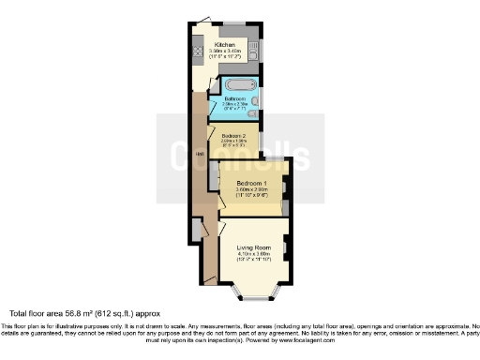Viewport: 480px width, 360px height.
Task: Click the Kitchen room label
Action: tap(224, 44)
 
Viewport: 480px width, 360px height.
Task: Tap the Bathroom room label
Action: tap(234, 98)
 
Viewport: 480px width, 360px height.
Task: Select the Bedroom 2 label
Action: tap(233, 135)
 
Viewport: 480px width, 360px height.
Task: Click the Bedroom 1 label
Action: tap(252, 182)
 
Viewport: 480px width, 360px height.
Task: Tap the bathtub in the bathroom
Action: tap(235, 85)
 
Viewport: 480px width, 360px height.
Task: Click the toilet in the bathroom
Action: tap(251, 112)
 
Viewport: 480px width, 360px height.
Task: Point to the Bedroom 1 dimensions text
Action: tap(252, 191)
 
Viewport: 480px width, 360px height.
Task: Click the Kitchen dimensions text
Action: tap(225, 52)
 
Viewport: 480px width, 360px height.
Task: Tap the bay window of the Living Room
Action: tap(256, 298)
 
